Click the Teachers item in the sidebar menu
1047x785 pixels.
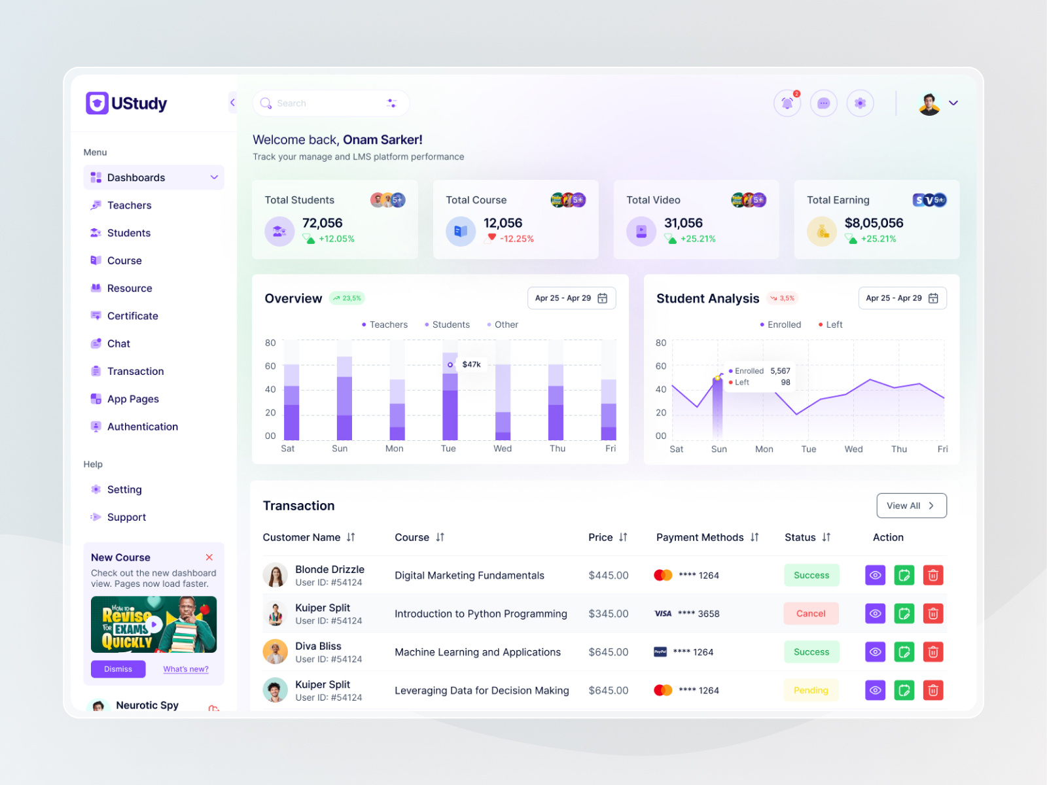tap(129, 205)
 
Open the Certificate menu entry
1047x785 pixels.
tap(132, 316)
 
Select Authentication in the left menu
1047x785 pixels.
tap(142, 427)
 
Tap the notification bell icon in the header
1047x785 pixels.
tap(787, 103)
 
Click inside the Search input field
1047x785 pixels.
tap(327, 103)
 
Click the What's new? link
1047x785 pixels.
tap(186, 669)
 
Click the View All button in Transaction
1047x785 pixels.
tap(911, 506)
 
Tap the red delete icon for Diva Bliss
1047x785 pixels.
tap(933, 652)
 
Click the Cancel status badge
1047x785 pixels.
tap(811, 614)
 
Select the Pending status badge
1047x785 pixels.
tap(811, 690)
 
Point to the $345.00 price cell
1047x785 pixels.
tap(608, 614)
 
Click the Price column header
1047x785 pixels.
tap(601, 537)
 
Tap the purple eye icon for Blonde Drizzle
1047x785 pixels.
tap(875, 576)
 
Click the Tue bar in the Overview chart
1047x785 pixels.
tap(450, 406)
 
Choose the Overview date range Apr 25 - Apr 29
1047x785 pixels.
tap(571, 298)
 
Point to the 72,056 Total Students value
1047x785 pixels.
tap(322, 223)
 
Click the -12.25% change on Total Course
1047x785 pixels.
tap(516, 239)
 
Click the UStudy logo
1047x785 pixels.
tap(127, 103)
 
